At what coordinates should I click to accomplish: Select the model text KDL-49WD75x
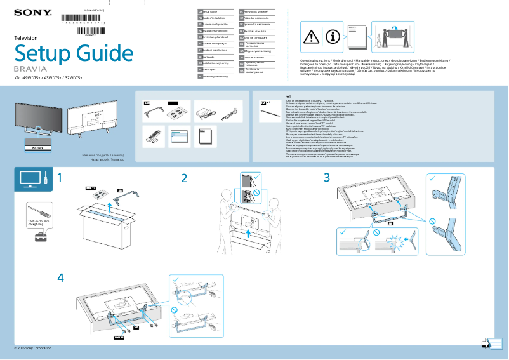click(27, 78)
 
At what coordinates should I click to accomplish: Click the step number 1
click(60, 178)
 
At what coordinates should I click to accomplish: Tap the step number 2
click(184, 178)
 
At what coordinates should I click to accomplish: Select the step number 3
click(327, 178)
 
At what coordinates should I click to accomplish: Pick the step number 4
click(60, 278)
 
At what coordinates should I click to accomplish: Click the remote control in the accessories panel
click(152, 135)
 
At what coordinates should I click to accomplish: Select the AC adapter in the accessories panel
click(207, 112)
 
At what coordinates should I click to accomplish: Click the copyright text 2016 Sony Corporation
click(32, 348)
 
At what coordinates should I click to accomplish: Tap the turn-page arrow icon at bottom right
click(487, 343)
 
